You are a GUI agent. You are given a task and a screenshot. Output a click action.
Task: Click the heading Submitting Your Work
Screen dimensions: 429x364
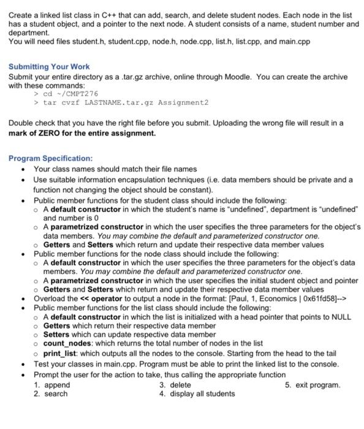point(49,66)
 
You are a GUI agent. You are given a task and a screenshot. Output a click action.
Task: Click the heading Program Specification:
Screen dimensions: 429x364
point(51,158)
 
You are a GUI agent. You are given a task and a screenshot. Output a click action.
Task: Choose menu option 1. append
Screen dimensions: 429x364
point(53,385)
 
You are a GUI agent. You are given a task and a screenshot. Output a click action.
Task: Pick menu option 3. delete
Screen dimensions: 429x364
point(175,385)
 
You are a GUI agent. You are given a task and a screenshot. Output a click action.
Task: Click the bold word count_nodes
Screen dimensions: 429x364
point(68,343)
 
